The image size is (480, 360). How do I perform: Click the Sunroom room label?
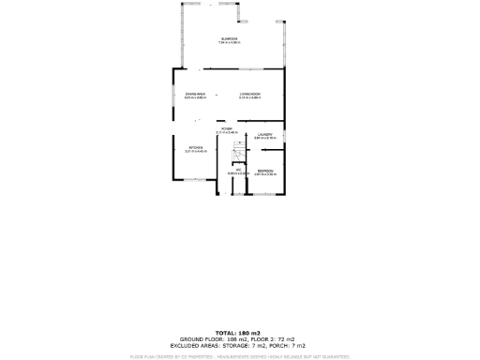click(x=230, y=38)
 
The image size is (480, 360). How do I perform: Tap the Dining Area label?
click(x=196, y=94)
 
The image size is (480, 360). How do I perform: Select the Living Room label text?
click(x=249, y=94)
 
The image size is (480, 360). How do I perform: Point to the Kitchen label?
click(x=196, y=147)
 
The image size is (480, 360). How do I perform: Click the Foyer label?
click(x=227, y=128)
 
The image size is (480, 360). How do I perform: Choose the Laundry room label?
click(x=265, y=135)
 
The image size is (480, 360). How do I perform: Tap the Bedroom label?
click(x=265, y=170)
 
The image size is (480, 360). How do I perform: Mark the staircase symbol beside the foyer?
click(x=236, y=148)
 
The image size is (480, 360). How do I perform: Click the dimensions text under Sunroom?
click(x=230, y=43)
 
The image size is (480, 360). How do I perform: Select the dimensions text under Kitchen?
click(x=196, y=152)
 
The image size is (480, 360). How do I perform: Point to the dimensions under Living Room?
click(x=249, y=98)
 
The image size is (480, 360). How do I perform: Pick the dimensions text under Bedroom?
click(x=265, y=174)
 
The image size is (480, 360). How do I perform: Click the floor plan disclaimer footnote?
click(x=240, y=356)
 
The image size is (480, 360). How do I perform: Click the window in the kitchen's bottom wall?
click(x=194, y=180)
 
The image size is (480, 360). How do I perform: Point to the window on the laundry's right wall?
click(x=285, y=135)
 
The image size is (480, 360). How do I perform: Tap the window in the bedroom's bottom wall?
click(x=266, y=194)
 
